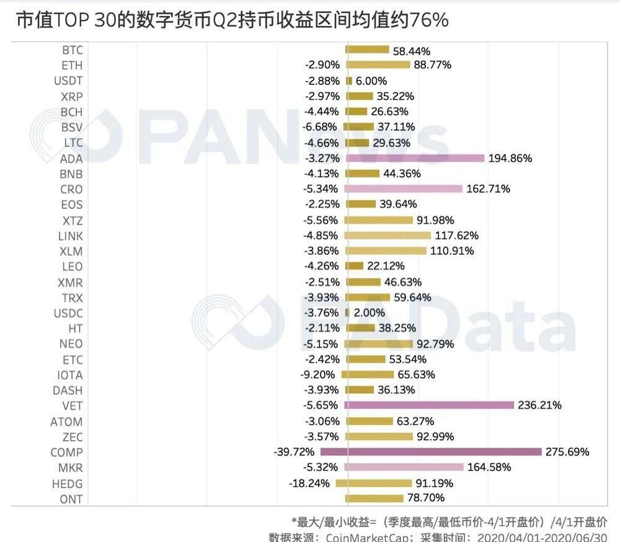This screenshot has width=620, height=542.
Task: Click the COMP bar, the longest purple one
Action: pos(431,452)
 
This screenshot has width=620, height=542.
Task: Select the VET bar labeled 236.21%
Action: pos(429,406)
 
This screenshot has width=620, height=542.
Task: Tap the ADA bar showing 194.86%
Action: pos(415,158)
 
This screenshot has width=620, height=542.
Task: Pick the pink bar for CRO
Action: pos(403,189)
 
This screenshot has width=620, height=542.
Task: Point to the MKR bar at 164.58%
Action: pos(404,468)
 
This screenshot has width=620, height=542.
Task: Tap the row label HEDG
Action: pos(67,484)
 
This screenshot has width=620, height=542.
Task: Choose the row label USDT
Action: pos(68,81)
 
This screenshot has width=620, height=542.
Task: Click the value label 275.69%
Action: pos(567,452)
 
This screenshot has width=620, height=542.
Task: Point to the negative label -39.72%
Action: pos(294,452)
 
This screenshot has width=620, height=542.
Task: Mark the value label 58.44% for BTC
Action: pos(412,50)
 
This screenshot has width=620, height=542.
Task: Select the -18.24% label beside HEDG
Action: pos(309,483)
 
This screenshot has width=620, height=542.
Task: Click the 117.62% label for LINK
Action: pos(456,236)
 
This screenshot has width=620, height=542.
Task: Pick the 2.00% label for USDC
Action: pos(370,313)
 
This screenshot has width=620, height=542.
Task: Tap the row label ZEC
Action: pos(72,437)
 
